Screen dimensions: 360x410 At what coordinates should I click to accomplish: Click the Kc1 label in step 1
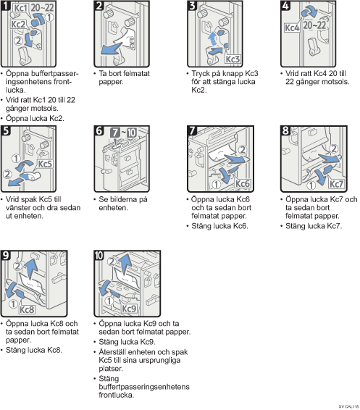(x=20, y=8)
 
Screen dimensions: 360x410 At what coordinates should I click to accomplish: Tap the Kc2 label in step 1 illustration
(x=18, y=25)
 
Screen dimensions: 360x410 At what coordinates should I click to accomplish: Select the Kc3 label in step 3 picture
(x=233, y=59)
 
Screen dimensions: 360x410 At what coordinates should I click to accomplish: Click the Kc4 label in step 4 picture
(x=292, y=28)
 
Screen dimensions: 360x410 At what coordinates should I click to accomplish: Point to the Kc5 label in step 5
(x=45, y=164)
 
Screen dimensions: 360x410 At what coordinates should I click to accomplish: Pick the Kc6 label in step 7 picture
(x=243, y=183)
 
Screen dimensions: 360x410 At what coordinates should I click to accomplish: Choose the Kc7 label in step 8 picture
(x=336, y=184)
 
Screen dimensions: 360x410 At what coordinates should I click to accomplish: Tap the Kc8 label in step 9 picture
(x=28, y=309)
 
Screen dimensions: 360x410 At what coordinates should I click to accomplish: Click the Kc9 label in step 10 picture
(x=129, y=309)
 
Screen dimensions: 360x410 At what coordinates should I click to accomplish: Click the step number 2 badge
(x=99, y=6)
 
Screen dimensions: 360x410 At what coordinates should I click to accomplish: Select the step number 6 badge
(x=99, y=130)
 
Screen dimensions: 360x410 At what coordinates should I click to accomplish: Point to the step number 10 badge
(x=99, y=256)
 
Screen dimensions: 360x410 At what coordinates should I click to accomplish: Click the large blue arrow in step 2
(x=111, y=49)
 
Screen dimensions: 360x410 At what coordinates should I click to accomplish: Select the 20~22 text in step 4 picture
(x=314, y=25)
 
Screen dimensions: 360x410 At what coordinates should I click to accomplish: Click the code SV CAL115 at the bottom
(x=348, y=406)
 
